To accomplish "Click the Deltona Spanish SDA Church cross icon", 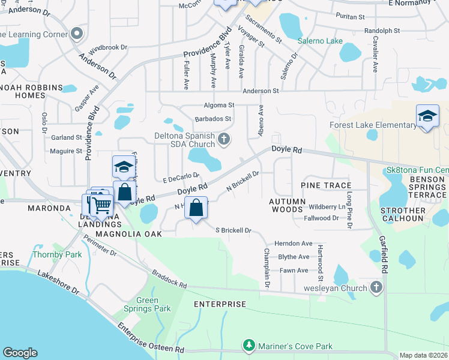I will click(224, 140).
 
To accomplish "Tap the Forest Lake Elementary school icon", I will click(427, 116).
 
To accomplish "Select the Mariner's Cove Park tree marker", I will click(249, 346).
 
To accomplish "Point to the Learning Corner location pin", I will click(76, 34).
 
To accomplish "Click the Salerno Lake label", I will click(321, 41).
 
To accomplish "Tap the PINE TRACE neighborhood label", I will click(326, 185).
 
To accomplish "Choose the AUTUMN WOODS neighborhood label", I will click(286, 205).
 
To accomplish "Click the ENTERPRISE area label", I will click(220, 304).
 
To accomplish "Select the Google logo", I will click(20, 353).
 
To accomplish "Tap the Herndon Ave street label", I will click(294, 244).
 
